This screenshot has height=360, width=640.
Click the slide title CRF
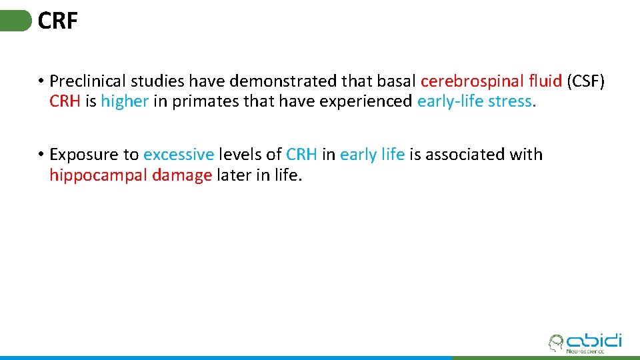pyautogui.click(x=58, y=21)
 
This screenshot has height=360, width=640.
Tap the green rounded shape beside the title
pyautogui.click(x=15, y=21)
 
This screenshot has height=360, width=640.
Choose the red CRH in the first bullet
pyautogui.click(x=65, y=101)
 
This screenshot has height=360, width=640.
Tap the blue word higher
pyautogui.click(x=124, y=101)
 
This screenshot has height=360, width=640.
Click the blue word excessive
pyautogui.click(x=179, y=155)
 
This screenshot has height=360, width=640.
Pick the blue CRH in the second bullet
pyautogui.click(x=301, y=155)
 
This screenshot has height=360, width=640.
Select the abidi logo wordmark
pyautogui.click(x=593, y=341)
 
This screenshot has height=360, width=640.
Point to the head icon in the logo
pyautogui.click(x=555, y=343)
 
